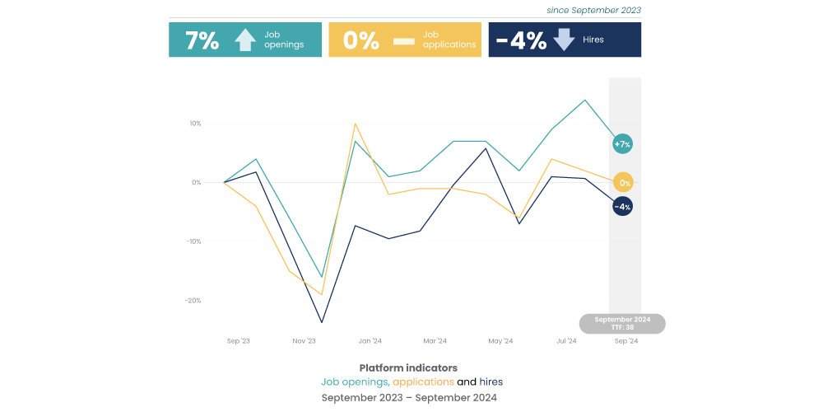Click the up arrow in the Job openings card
(245, 40)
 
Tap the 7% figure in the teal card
(202, 40)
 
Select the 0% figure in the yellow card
(360, 40)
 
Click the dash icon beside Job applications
(403, 40)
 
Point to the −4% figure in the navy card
(521, 40)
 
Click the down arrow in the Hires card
(564, 40)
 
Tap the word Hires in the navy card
(593, 40)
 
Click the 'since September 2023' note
(593, 11)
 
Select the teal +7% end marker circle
(622, 144)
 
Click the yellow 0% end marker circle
(624, 183)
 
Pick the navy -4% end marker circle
(622, 206)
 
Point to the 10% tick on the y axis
(195, 124)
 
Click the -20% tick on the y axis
(193, 301)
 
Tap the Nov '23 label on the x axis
(305, 340)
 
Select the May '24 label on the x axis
(500, 340)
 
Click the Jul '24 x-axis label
(566, 340)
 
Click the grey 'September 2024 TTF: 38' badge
(622, 323)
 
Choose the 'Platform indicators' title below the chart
(408, 368)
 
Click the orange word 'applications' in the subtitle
(423, 382)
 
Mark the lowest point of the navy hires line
(322, 322)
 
